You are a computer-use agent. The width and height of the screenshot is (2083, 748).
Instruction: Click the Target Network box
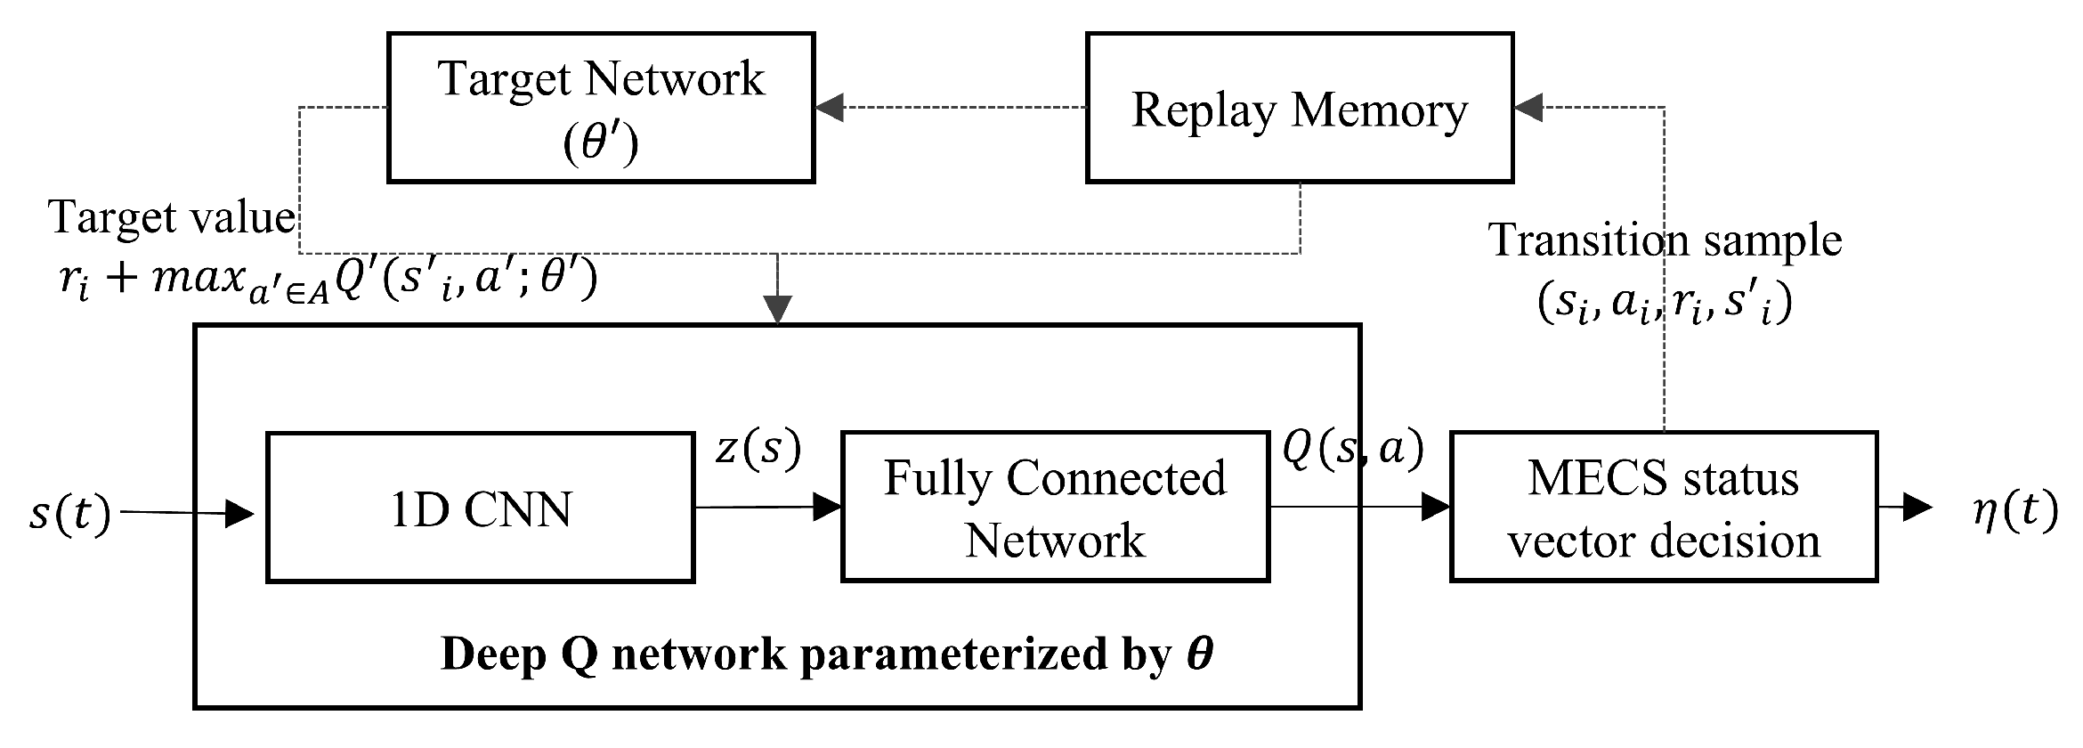click(x=601, y=108)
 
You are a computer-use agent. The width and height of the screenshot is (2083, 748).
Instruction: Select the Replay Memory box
click(x=1299, y=108)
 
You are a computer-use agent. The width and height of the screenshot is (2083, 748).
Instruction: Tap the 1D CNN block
click(x=480, y=508)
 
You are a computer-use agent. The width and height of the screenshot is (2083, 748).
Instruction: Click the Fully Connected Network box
click(x=1055, y=508)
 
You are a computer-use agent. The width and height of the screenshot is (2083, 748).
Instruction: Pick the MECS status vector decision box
click(x=1663, y=508)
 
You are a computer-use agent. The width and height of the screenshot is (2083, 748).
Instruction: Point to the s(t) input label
click(x=69, y=514)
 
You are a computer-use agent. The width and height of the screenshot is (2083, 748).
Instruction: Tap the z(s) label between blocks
click(x=758, y=448)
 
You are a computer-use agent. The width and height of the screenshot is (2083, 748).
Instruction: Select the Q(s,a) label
click(x=1352, y=448)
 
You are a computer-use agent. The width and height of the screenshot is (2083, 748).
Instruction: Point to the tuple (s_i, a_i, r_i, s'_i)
click(x=1663, y=304)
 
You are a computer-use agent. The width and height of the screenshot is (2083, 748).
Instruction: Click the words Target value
click(x=172, y=217)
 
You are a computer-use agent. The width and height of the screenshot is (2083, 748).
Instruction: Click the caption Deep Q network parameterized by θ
click(x=826, y=654)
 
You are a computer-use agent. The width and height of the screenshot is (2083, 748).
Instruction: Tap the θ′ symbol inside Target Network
click(x=601, y=142)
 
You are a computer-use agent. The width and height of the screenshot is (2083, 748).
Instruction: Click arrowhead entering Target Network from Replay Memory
click(x=829, y=109)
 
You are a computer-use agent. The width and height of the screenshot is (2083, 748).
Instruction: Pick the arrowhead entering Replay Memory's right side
click(x=1528, y=109)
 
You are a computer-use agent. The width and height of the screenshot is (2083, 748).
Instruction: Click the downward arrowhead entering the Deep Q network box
click(x=778, y=311)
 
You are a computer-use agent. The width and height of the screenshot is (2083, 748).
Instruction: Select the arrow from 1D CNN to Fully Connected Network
click(x=767, y=508)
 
